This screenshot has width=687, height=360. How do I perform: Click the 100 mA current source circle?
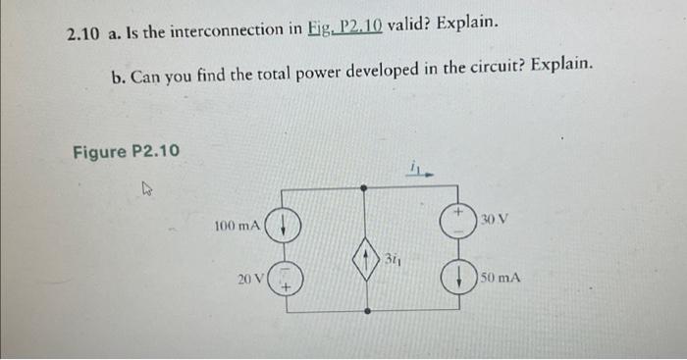[x=283, y=228]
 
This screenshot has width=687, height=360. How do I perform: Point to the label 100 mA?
[x=237, y=227]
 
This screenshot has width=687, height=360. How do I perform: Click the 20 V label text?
[x=249, y=280]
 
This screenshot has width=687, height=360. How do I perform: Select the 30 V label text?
[x=495, y=218]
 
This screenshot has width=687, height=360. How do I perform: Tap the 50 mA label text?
[x=502, y=278]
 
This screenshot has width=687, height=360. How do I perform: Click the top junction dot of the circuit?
[x=366, y=185]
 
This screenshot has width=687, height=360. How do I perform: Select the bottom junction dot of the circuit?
[x=366, y=311]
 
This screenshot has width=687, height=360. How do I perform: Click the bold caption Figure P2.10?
[x=126, y=151]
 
